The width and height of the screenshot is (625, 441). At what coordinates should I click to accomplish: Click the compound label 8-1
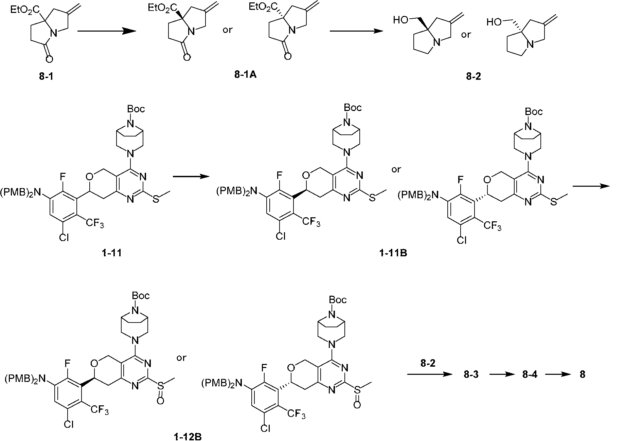[47, 77]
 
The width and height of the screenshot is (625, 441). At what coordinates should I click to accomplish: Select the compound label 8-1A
[245, 75]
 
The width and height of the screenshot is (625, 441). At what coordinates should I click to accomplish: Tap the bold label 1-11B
[393, 253]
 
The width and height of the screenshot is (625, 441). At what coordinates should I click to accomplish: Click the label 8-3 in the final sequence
[471, 375]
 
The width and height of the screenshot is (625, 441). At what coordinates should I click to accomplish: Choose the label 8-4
[529, 375]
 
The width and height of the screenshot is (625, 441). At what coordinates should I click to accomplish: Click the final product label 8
[583, 375]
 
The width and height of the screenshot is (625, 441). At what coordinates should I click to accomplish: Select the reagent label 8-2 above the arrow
[428, 364]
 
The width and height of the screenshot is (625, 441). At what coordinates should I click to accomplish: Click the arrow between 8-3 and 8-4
[500, 375]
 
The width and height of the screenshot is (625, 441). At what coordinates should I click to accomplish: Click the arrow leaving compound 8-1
[107, 31]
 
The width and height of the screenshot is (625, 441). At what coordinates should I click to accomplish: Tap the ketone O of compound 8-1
[49, 60]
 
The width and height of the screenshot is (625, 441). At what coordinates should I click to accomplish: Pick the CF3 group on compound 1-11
[95, 223]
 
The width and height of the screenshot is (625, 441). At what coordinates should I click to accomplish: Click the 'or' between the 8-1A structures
[227, 30]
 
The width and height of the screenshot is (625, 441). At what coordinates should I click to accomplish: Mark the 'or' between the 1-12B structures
[182, 357]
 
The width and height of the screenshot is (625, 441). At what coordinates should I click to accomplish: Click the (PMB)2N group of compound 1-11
[20, 194]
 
